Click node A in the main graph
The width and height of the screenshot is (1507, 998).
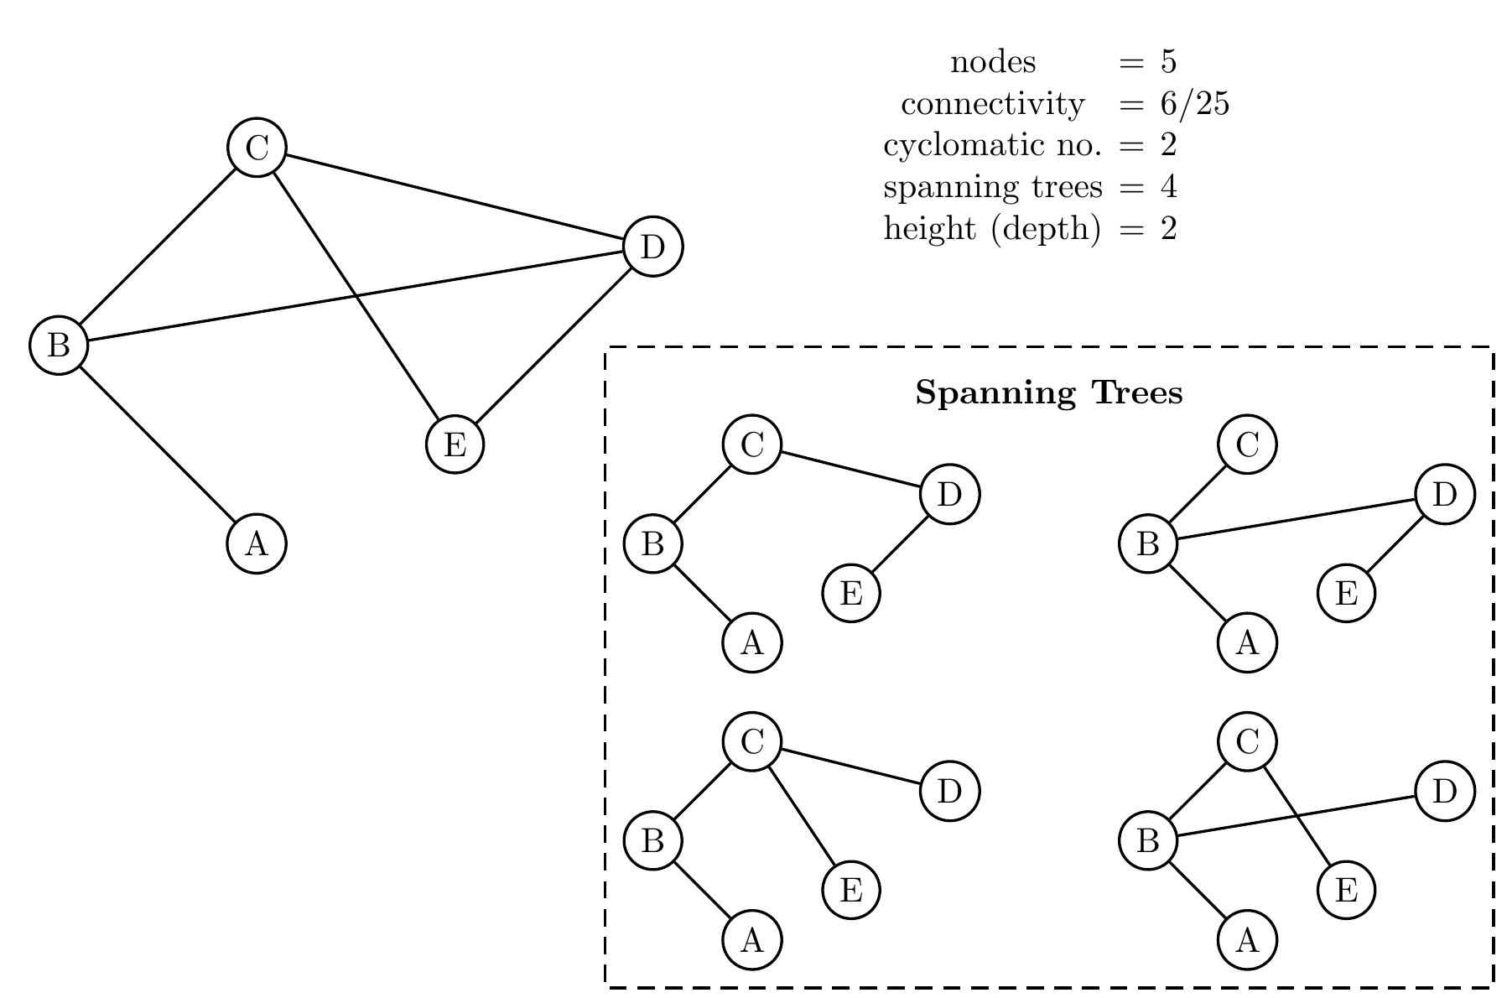[x=257, y=543]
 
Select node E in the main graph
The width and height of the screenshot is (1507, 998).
[x=455, y=444]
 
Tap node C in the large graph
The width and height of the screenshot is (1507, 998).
[x=257, y=148]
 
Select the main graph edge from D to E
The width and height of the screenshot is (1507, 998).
[x=553, y=345]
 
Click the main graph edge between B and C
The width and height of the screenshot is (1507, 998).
[x=158, y=247]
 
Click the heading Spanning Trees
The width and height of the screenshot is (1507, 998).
[x=1048, y=392]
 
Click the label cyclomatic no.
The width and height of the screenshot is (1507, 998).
[x=992, y=145]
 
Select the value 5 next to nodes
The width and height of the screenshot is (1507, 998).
[x=1169, y=62]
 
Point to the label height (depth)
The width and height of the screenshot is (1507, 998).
[x=992, y=228]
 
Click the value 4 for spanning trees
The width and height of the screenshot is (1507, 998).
[x=1169, y=186]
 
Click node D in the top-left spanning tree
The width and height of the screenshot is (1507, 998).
[x=949, y=494]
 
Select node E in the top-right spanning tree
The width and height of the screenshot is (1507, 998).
[x=1346, y=593]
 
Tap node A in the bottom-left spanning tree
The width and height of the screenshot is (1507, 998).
[x=751, y=939]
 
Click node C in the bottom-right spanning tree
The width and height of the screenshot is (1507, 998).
[x=1247, y=741]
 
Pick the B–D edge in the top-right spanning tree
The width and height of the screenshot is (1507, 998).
[x=1296, y=519]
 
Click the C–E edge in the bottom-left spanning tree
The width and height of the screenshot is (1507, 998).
[x=801, y=815]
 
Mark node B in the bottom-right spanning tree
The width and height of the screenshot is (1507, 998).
[x=1148, y=839]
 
